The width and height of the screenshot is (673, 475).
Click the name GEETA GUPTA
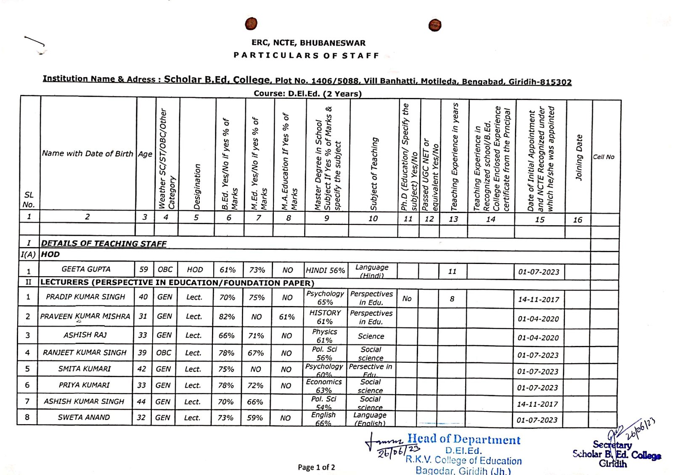(x=86, y=269)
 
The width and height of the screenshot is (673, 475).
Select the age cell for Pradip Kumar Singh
(x=143, y=297)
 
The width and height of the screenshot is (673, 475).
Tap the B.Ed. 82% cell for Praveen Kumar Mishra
(x=227, y=317)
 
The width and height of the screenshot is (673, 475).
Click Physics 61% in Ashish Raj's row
(x=324, y=336)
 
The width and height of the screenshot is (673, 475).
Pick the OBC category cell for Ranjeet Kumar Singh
(x=164, y=353)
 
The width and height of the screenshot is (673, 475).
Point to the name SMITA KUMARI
(x=85, y=369)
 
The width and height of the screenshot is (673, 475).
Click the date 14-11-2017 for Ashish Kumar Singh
(x=538, y=404)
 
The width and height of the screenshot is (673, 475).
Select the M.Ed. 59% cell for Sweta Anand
(x=255, y=418)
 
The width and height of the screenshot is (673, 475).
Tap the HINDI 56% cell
(x=325, y=270)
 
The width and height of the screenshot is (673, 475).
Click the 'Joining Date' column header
(x=579, y=158)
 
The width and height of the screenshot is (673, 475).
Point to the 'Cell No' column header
(x=604, y=157)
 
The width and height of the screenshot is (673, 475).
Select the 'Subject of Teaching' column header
(x=374, y=173)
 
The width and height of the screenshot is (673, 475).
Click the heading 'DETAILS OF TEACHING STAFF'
(x=103, y=243)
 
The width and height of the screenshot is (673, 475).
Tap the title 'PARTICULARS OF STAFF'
(x=306, y=55)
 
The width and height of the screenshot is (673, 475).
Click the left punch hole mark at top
(x=251, y=24)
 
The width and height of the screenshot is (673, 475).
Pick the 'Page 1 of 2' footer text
(x=316, y=467)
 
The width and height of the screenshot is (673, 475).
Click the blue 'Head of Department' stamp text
(x=464, y=440)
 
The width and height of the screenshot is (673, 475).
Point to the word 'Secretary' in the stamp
(x=612, y=445)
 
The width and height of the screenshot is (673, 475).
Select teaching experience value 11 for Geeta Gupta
(x=452, y=272)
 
